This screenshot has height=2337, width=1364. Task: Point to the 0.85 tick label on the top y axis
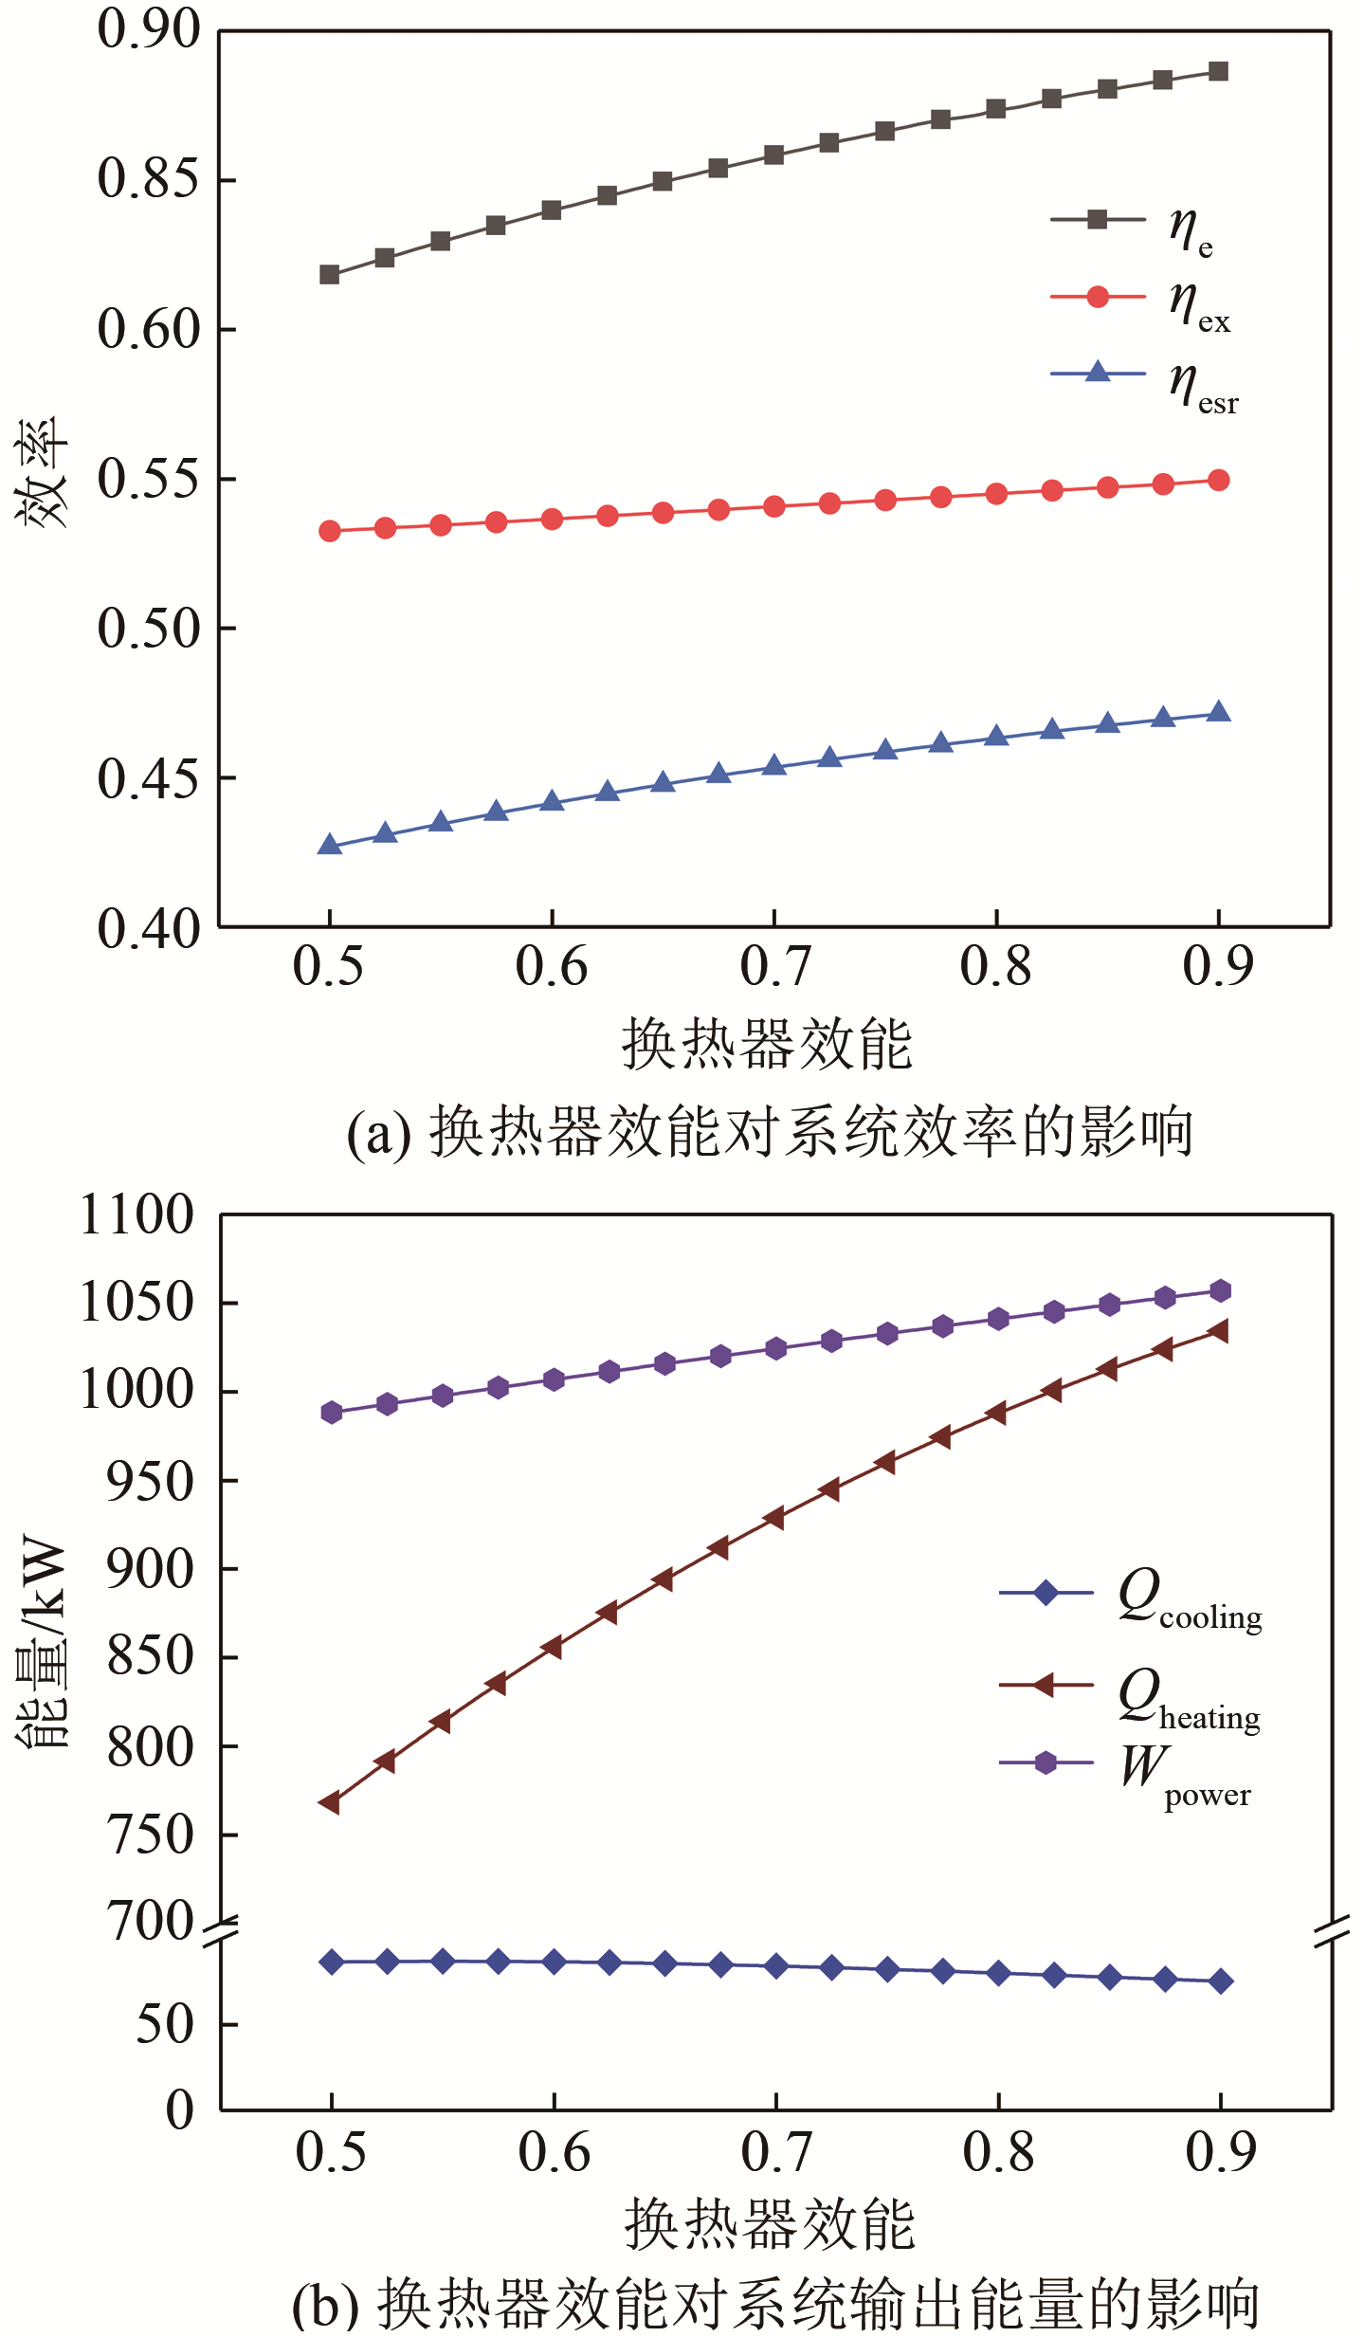coord(150,178)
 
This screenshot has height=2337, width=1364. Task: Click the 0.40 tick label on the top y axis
coord(150,928)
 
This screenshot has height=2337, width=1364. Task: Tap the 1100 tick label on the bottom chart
coord(137,1214)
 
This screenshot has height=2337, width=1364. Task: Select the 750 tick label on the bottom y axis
coord(150,1835)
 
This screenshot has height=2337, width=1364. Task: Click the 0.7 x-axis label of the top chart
coord(774,967)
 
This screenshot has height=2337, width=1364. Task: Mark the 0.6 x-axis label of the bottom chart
coord(554,2152)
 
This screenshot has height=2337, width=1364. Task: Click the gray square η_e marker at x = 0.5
coord(329,275)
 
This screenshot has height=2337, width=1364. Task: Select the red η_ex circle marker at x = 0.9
coord(1219,481)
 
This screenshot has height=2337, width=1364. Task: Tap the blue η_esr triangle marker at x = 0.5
coord(329,845)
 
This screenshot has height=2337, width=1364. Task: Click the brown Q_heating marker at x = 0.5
coord(330,1802)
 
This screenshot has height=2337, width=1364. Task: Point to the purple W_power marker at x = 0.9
coord(1221,1291)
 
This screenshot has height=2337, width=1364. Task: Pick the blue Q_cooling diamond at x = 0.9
coord(1221,1981)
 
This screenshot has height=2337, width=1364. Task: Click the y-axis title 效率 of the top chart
coord(43,471)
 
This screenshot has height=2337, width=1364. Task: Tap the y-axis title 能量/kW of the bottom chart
coord(43,1640)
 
